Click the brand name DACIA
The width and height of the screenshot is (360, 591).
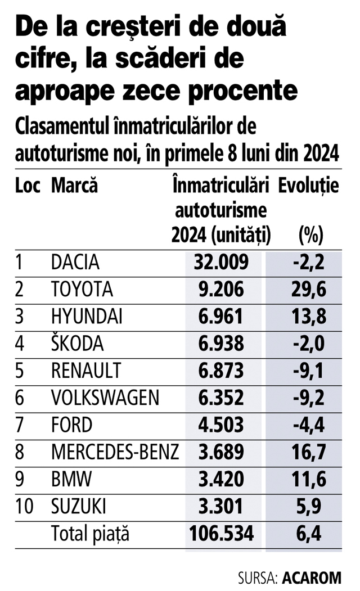point(75,262)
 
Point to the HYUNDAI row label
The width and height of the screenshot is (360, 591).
point(87,317)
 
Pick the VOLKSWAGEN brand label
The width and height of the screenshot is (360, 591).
point(105,398)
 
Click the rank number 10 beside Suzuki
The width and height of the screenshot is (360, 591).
point(24,506)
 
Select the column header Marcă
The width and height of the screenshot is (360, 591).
point(74,186)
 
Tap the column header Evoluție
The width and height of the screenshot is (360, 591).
point(309,186)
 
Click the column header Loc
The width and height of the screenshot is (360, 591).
point(28,186)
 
